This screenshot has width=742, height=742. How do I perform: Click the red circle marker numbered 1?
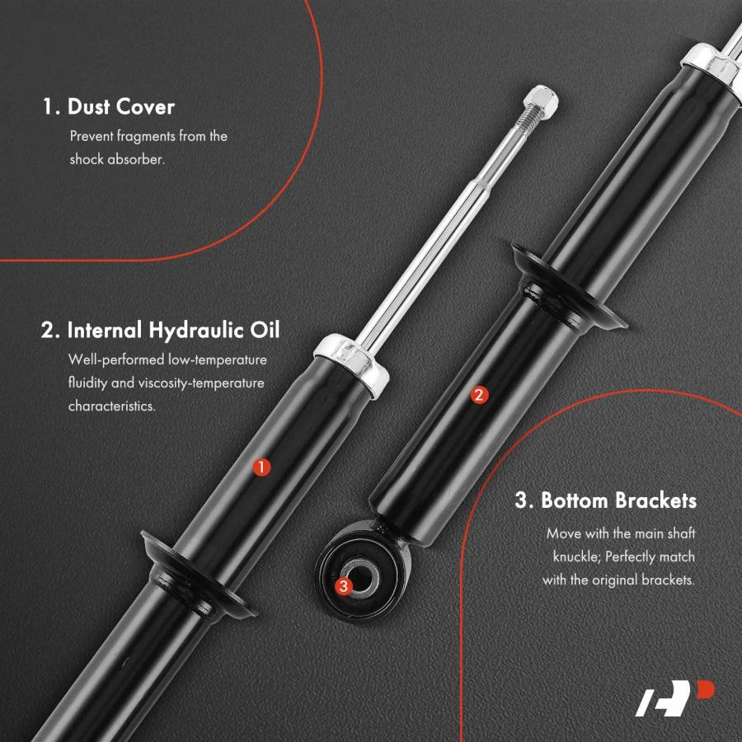261,467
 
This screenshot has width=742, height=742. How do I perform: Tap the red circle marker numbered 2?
478,395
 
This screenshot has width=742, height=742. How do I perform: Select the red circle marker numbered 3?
344,586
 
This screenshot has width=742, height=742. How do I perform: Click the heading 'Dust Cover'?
121,106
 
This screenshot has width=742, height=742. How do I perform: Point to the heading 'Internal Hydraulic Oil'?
173,330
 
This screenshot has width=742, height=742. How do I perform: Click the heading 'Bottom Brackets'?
618,500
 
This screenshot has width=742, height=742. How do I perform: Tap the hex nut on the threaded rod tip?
541,101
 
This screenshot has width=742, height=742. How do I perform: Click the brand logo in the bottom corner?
674,698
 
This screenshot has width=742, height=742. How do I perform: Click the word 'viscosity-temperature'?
201,383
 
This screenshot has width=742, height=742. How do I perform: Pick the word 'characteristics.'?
111,406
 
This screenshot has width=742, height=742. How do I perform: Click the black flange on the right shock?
569,287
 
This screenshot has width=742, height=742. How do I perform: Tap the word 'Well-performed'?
118,359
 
